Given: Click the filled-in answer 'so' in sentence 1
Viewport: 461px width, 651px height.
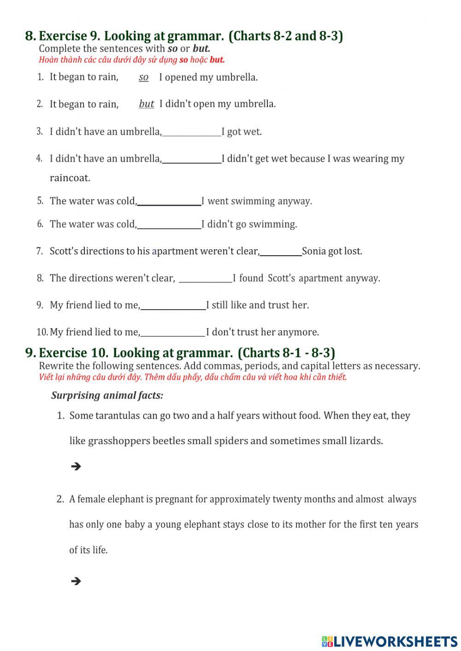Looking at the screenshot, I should tap(144, 77).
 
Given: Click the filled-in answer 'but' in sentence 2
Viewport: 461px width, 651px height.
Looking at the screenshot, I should tap(147, 104).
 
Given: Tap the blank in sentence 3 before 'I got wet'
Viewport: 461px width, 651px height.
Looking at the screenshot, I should tap(192, 132).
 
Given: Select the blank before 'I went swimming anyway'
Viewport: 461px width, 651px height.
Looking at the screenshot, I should tap(169, 201).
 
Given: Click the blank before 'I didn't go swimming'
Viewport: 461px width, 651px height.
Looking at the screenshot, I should tap(169, 225).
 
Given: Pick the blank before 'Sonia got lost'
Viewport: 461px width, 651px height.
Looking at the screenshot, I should tap(281, 252).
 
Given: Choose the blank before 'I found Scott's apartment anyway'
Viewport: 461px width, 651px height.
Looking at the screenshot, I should tap(205, 278).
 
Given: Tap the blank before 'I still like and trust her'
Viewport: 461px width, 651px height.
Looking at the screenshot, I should tap(173, 305).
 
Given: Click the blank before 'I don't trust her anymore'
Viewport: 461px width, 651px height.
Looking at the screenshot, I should tap(173, 333).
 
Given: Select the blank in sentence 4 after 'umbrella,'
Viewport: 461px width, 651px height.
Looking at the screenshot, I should tap(192, 159).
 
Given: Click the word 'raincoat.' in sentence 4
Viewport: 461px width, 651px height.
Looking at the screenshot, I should tap(70, 178).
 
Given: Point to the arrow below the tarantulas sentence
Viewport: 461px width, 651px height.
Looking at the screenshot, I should tap(76, 466).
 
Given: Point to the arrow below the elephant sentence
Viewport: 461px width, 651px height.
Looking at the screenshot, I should tap(76, 581).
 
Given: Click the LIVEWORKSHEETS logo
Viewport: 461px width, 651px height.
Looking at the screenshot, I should tap(390, 641).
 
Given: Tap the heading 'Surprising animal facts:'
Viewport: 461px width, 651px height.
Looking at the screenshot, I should tap(107, 395).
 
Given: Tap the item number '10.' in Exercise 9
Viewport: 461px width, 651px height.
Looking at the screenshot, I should tap(42, 332).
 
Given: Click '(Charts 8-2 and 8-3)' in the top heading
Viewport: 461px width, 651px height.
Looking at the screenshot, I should tap(286, 36).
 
